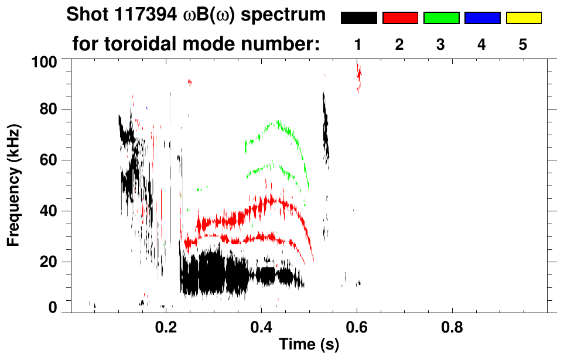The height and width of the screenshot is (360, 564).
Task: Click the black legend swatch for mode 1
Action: (358, 18)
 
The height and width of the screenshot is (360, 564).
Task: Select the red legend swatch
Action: (399, 18)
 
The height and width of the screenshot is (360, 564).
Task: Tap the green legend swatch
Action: (441, 18)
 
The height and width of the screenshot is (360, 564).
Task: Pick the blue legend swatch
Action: (482, 18)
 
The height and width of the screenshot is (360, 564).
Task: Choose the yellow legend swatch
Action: (523, 18)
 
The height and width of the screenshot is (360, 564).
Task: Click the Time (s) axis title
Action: (308, 345)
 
